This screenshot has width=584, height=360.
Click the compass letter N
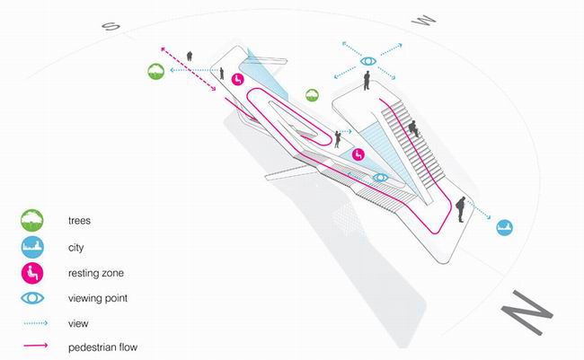[x=526, y=312]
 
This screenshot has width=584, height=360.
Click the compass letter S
[x=111, y=26]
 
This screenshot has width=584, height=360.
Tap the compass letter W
[x=423, y=20]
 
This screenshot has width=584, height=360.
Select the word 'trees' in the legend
[x=79, y=220]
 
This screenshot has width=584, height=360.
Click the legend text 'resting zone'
[x=96, y=273]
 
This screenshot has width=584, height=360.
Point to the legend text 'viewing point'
[x=98, y=298]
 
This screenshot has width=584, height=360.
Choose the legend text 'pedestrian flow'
[x=102, y=347]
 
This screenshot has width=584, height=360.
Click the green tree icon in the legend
[x=32, y=220]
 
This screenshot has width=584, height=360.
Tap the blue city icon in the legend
[x=32, y=247]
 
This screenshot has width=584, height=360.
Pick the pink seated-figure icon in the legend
[x=32, y=273]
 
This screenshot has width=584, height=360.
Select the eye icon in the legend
[x=32, y=298]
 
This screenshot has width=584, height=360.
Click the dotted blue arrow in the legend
[x=36, y=323]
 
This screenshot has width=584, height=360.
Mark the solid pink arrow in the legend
[x=36, y=346]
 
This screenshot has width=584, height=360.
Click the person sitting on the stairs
[x=413, y=128]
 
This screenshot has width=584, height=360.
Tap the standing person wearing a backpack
[x=461, y=209]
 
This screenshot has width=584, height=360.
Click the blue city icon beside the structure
[x=505, y=227]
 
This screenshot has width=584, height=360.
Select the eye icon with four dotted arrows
[x=368, y=61]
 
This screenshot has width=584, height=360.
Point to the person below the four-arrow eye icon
[x=367, y=81]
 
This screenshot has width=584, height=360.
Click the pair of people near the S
[x=190, y=56]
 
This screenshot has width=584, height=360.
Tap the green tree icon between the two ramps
[x=312, y=95]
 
